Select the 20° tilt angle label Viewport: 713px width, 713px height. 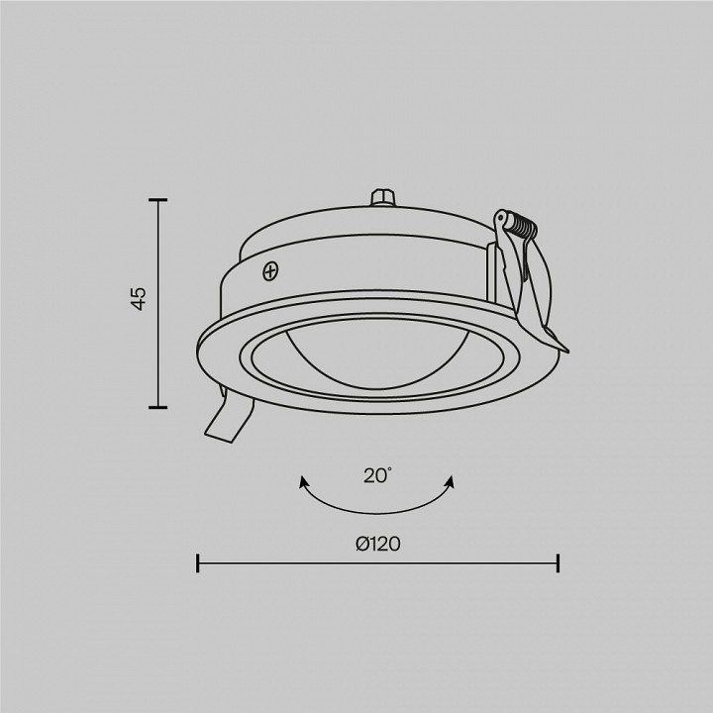(376, 475)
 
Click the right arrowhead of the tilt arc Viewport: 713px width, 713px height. (450, 481)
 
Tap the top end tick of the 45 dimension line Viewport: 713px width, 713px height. (156, 200)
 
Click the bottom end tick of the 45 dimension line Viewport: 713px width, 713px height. (156, 406)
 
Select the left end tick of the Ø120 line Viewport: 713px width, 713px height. (198, 562)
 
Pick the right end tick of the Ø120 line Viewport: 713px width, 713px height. (559, 562)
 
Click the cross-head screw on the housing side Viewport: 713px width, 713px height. (271, 268)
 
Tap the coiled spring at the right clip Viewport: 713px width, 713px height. (516, 225)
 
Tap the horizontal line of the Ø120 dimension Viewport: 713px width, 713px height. (297, 562)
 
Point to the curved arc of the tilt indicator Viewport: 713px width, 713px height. (376, 509)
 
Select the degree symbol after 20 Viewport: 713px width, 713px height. (390, 469)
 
